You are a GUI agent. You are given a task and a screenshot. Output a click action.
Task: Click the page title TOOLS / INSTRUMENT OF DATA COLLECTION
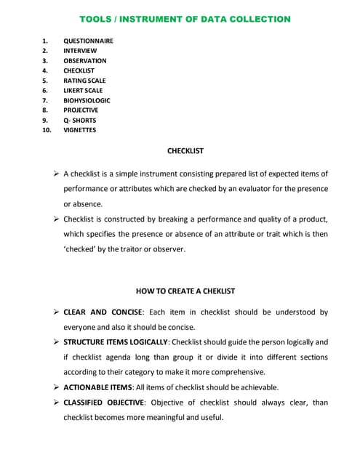click(x=184, y=19)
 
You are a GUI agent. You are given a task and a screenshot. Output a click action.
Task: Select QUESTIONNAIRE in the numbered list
click(x=88, y=41)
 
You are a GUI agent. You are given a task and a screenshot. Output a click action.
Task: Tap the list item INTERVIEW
click(x=79, y=51)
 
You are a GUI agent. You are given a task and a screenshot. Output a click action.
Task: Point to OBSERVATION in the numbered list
click(x=84, y=61)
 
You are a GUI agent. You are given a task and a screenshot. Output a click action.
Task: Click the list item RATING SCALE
click(x=84, y=81)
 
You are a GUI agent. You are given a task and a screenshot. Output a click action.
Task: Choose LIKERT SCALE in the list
click(x=83, y=91)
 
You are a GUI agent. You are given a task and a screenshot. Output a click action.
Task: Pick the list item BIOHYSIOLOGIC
click(x=87, y=100)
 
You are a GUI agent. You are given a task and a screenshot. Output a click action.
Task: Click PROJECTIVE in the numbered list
click(x=81, y=110)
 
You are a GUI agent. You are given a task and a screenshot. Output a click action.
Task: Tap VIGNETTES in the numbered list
click(x=79, y=130)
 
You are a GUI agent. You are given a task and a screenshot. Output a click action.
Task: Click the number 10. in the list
click(x=47, y=130)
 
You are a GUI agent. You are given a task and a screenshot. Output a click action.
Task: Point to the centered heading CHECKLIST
click(x=185, y=151)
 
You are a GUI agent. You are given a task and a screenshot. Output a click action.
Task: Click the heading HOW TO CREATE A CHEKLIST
click(x=185, y=291)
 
